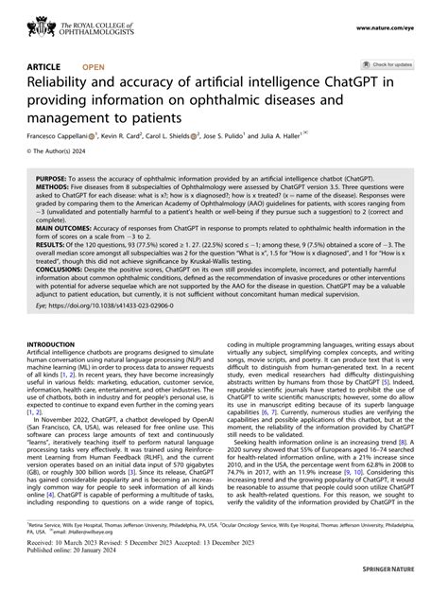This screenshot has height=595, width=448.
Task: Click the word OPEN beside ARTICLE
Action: [x=94, y=67]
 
